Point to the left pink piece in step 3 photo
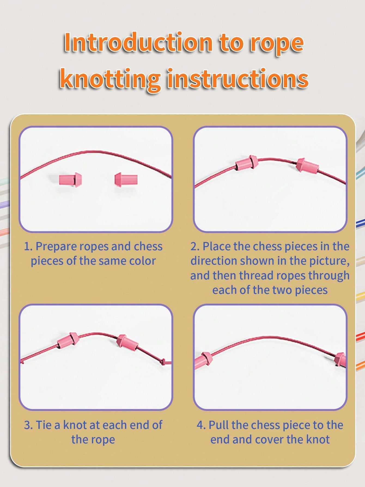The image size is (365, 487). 68,340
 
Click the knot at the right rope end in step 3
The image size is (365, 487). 163,362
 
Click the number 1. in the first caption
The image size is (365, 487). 28,246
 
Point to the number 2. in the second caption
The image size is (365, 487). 195,246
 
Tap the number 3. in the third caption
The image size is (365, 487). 28,425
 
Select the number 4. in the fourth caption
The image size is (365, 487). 201,425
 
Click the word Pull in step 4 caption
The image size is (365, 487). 219,425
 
